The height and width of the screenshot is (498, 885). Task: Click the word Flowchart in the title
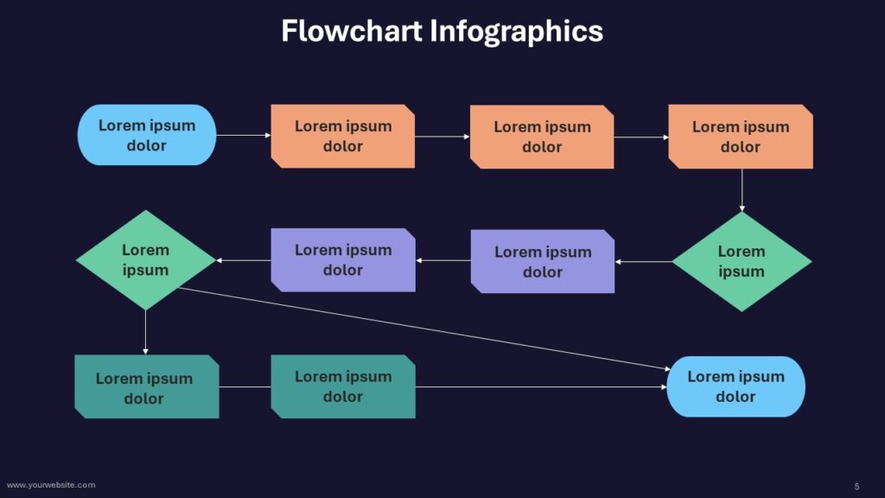point(352,30)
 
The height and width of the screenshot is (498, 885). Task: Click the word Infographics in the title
point(517,32)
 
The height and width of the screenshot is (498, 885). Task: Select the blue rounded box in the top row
point(147,135)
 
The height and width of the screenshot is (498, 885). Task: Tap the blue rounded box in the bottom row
point(736,386)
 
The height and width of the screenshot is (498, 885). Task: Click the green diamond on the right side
point(742,261)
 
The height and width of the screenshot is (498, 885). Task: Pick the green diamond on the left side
point(145,260)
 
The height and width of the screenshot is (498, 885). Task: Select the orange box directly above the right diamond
point(741,137)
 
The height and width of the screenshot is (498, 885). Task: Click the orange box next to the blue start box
point(342,136)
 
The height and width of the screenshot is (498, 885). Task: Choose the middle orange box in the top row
point(542,137)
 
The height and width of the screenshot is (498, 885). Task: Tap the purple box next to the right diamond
point(543,261)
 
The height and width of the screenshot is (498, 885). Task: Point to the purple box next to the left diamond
point(343,260)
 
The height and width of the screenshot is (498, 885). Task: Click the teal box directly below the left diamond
point(147,386)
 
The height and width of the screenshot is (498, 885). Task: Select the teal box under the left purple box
point(343,386)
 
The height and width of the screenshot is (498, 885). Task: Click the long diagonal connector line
point(424,329)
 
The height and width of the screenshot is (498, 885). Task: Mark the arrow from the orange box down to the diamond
point(742,190)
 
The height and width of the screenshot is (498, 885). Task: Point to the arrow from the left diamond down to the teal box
point(145,333)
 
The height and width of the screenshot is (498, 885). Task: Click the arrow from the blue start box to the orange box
point(244,135)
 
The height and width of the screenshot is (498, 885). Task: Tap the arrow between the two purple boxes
point(443,260)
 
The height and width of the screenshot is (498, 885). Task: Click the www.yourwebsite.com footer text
point(51,485)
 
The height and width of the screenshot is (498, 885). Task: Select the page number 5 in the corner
point(856,486)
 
